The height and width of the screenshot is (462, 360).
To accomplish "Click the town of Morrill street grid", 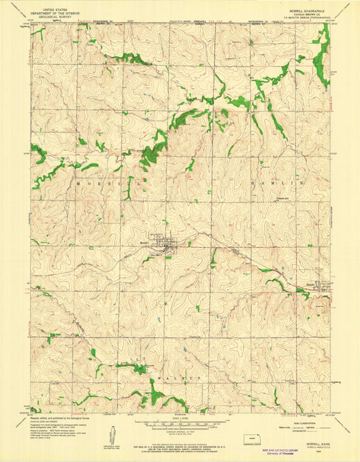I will pos(165,245).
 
